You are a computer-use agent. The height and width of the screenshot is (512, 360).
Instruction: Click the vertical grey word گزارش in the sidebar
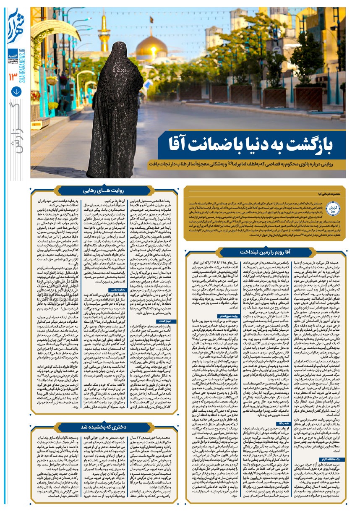(15, 134)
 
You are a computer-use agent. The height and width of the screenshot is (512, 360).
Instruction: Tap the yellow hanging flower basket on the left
(51, 81)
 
